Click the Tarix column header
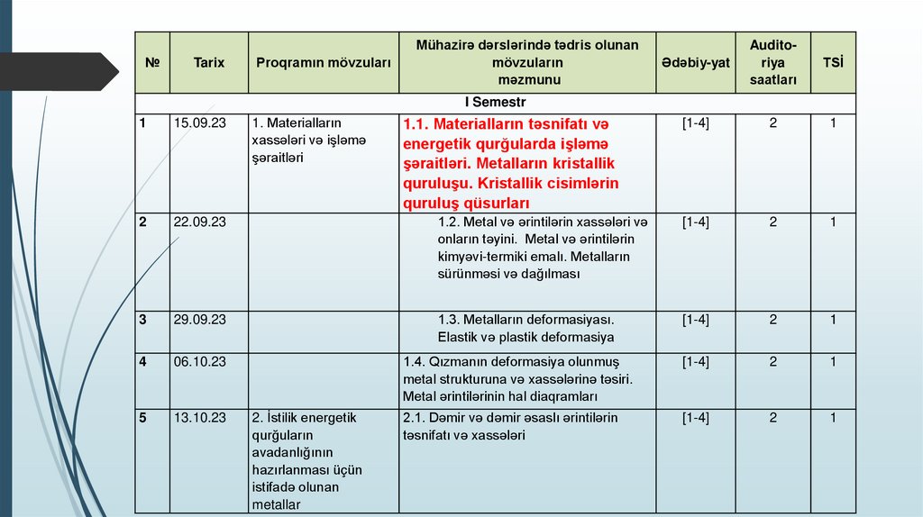tap(208, 63)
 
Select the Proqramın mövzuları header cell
tap(324, 63)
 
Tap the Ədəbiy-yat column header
tap(695, 63)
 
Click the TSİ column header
tap(833, 63)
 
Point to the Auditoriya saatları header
tap(772, 63)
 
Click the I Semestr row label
tap(495, 103)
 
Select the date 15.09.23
tap(200, 122)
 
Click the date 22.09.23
tap(200, 222)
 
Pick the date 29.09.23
tap(200, 320)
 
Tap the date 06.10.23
tap(200, 361)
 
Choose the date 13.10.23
tap(200, 417)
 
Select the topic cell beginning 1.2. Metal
tap(542, 248)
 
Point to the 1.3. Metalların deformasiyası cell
tap(525, 329)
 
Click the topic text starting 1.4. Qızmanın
tap(523, 378)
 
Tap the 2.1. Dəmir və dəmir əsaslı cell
tap(510, 426)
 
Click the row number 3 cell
tap(143, 320)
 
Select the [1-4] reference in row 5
tap(695, 417)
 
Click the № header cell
tap(152, 63)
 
